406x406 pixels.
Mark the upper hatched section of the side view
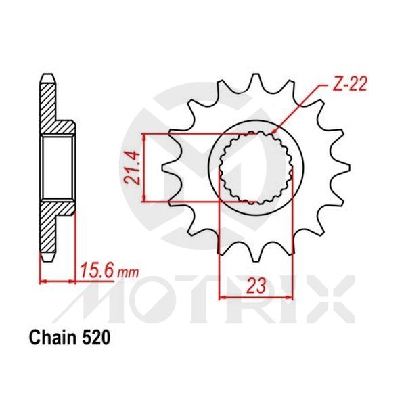50,108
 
